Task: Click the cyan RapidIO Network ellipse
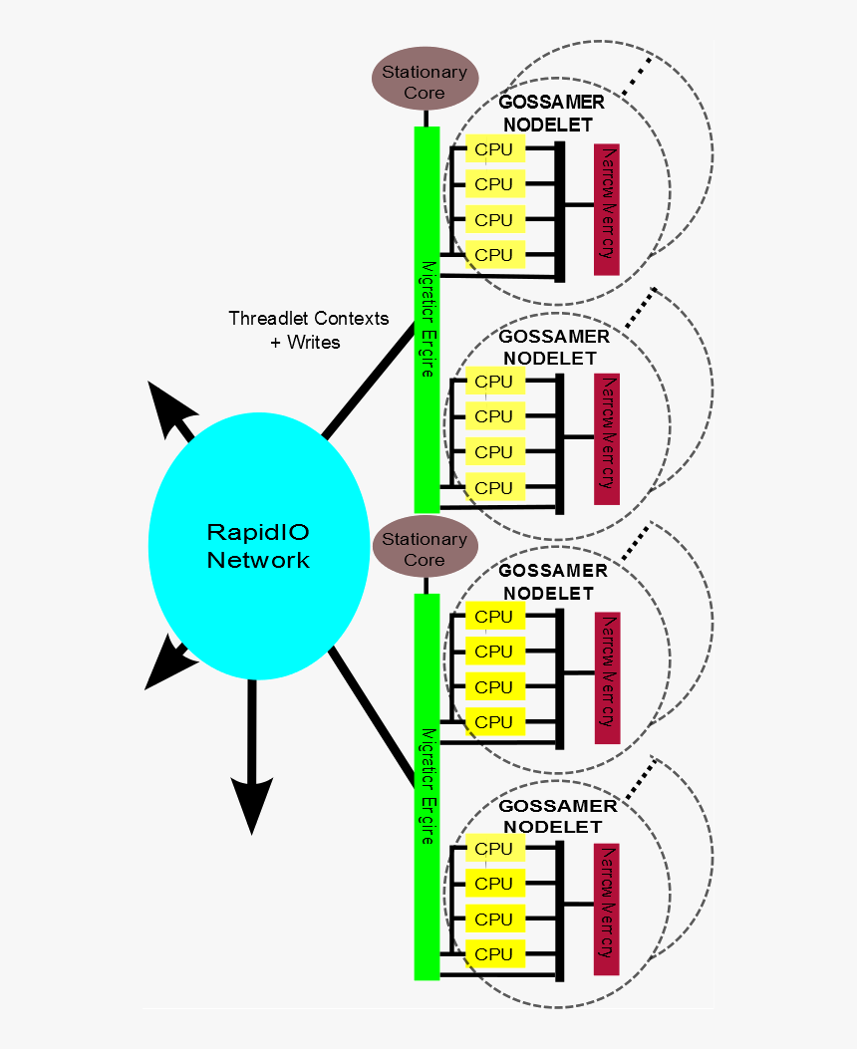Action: (x=258, y=545)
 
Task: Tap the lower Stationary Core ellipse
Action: (x=425, y=549)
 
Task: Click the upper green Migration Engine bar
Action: (x=427, y=319)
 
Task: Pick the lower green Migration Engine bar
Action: (x=427, y=787)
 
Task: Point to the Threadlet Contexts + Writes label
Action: (x=308, y=330)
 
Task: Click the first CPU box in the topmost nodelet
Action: (x=494, y=149)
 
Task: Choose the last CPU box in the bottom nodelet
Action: (x=494, y=954)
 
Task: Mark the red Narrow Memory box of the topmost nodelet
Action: (x=607, y=210)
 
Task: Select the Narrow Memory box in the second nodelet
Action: (x=607, y=439)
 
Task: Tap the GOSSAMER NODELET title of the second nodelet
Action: (x=553, y=347)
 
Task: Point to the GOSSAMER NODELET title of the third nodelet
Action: (x=552, y=582)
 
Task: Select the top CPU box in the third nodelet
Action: (x=494, y=617)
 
